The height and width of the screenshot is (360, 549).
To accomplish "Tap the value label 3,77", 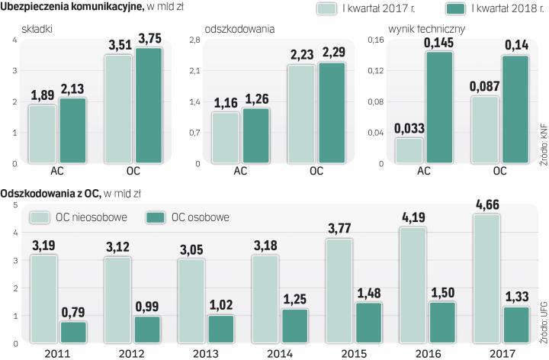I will tap(339, 229).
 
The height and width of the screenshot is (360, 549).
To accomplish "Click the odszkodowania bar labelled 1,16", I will tap(226, 137).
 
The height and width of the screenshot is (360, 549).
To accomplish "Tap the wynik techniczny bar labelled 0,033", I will tap(410, 149).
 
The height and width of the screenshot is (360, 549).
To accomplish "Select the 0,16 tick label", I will tap(376, 40).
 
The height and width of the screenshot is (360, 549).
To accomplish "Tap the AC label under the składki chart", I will tap(56, 171).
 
